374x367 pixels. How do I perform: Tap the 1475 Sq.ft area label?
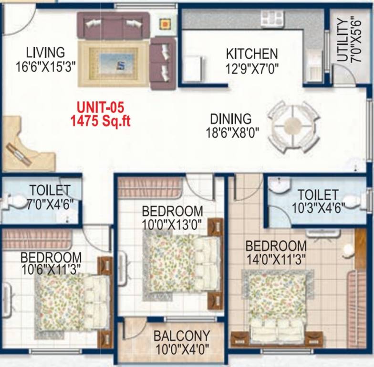100,121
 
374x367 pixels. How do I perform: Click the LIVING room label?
45,52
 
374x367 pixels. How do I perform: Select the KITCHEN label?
251,53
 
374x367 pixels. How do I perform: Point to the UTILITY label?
342,40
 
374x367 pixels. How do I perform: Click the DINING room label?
230,119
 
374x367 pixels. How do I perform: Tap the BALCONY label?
181,335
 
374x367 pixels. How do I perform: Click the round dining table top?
292,127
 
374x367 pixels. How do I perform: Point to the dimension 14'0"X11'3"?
276,259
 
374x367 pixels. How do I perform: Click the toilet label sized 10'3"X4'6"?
318,195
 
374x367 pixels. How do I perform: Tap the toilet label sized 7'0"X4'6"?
50,190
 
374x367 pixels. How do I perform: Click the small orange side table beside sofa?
165,24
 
